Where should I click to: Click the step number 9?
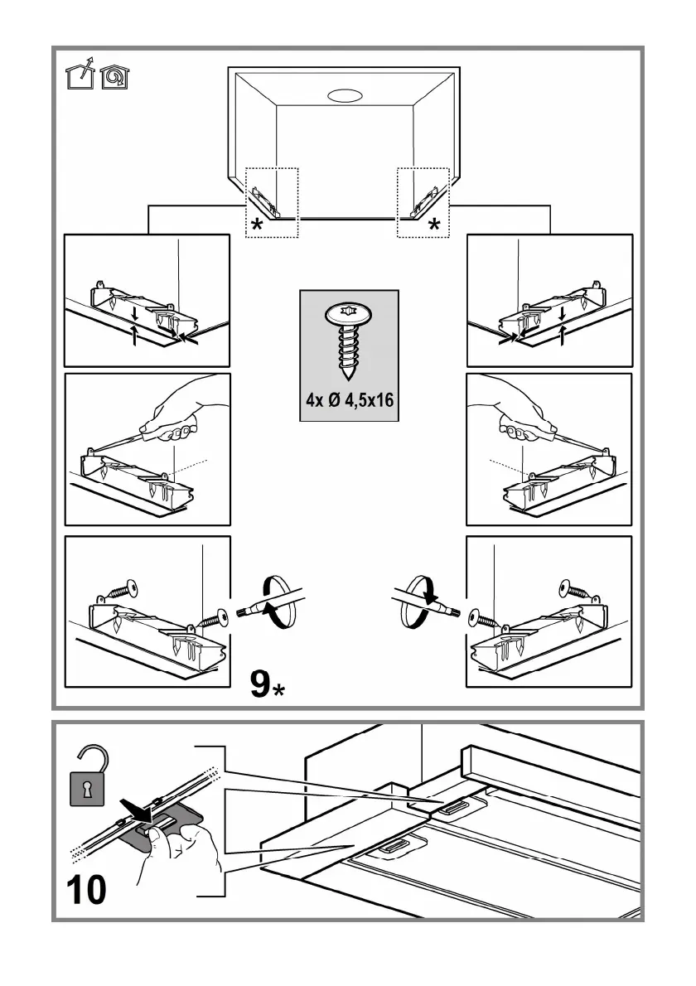tap(259, 684)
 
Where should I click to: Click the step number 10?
tap(86, 890)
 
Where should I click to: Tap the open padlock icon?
tap(87, 776)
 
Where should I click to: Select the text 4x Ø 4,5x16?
tap(350, 399)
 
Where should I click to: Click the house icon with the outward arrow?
tap(80, 73)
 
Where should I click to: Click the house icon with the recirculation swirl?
tap(114, 76)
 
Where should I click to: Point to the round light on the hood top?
tap(345, 95)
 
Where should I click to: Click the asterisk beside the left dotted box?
tap(257, 225)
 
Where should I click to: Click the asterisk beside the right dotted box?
tap(434, 225)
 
